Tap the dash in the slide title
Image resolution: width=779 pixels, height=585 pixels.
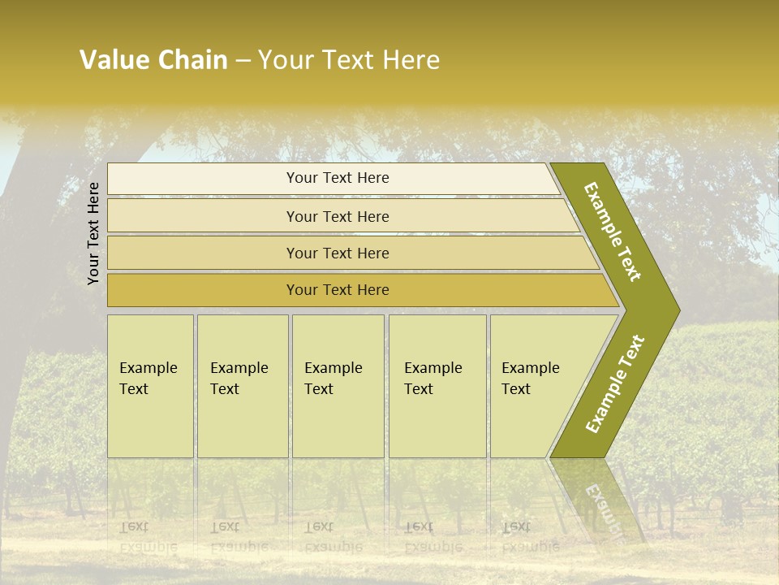(243, 61)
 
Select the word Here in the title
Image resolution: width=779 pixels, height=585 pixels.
(411, 60)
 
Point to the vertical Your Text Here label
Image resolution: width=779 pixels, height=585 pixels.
(93, 233)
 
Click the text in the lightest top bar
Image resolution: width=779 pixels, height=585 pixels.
(338, 178)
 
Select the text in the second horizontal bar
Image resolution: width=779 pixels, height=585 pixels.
(338, 217)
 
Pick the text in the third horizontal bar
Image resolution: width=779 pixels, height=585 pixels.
(338, 253)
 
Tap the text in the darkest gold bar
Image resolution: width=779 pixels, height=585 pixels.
(338, 290)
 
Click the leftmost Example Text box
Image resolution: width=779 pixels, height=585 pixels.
(150, 379)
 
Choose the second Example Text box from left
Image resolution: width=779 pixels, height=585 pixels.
(242, 379)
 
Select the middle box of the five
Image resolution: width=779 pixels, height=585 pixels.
(337, 379)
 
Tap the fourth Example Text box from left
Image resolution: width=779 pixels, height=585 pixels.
(437, 379)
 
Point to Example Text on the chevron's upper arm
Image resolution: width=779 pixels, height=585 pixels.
(613, 232)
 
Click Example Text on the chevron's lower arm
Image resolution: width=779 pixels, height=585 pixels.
(615, 383)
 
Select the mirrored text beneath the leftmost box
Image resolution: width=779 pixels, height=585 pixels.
(148, 536)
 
